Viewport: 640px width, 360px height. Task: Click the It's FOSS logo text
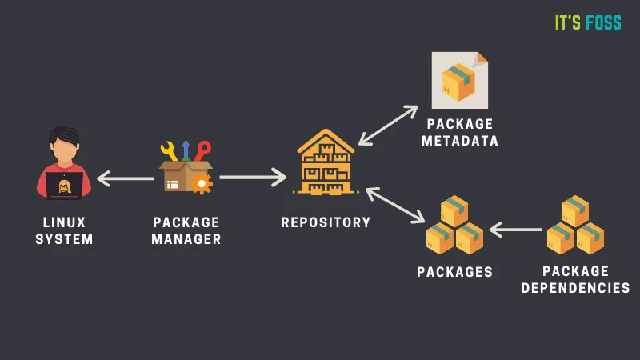point(588,23)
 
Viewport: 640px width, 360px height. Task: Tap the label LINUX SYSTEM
point(64,230)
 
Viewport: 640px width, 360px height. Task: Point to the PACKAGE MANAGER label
point(187,230)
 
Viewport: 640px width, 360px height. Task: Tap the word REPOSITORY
point(326,222)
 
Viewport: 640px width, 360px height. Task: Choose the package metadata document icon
point(459,80)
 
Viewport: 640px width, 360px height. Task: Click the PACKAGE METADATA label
point(462,133)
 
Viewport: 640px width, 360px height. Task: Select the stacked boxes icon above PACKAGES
point(454,225)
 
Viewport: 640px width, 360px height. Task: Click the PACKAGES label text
point(454,272)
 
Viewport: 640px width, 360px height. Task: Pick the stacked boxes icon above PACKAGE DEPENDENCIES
point(575,225)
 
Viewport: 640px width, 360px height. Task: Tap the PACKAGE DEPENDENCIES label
point(575,280)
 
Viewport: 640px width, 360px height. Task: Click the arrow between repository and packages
point(395,205)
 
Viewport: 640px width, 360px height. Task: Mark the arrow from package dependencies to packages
point(515,230)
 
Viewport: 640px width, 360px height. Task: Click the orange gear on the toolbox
point(202,184)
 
